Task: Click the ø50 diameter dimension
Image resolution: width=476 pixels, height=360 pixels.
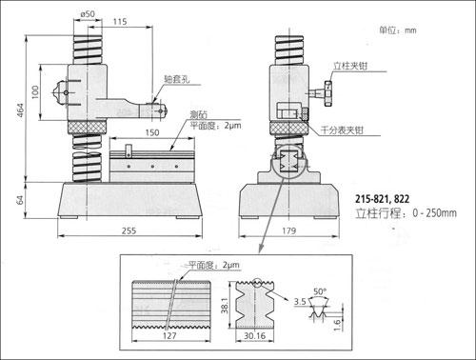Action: [88, 14]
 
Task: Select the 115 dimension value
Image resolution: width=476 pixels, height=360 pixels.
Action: [120, 22]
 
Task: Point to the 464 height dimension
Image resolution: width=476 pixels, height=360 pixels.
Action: [20, 110]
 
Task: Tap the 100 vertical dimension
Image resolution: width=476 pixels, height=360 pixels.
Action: [35, 92]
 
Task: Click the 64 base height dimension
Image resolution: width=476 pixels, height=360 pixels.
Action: [20, 200]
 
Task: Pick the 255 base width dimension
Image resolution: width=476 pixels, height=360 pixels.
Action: [129, 230]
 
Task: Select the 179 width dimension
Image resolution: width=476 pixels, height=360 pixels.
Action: [289, 230]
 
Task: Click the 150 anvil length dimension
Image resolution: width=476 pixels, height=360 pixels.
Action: [152, 132]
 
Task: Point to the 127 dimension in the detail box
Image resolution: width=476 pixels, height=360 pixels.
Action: [169, 335]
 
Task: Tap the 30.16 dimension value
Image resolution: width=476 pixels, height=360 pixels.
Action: [254, 335]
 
